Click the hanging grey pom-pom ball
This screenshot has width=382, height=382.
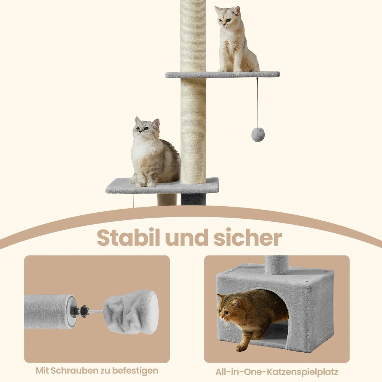tap(258, 134)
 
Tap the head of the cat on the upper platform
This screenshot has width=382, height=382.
tap(227, 17)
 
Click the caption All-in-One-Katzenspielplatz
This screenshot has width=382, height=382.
tap(277, 372)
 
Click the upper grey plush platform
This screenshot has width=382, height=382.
tap(222, 75)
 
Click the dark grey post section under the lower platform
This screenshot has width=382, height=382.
tap(193, 199)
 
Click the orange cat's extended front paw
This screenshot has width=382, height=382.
tap(241, 348)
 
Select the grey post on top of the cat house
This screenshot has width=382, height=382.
tap(276, 264)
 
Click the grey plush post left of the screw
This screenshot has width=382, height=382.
tap(49, 312)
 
